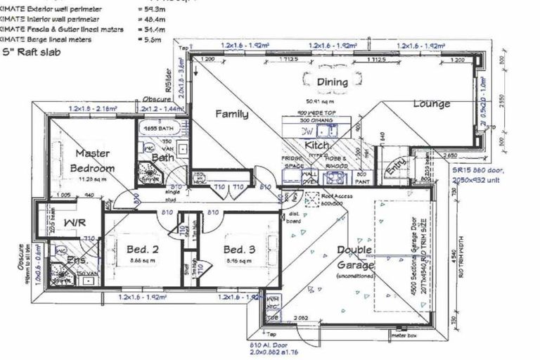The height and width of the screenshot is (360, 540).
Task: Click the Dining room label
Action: click(x=332, y=82)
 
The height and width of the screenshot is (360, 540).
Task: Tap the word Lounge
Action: click(x=431, y=104)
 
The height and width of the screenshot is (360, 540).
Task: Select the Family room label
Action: click(x=231, y=113)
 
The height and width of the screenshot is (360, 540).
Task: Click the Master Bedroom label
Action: click(x=94, y=161)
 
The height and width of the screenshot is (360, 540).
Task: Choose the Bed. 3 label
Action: click(x=239, y=250)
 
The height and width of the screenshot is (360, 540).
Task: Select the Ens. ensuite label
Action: click(x=77, y=259)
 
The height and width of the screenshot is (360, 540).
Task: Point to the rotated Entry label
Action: click(x=394, y=167)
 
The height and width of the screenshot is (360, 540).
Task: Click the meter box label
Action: click(x=400, y=335)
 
